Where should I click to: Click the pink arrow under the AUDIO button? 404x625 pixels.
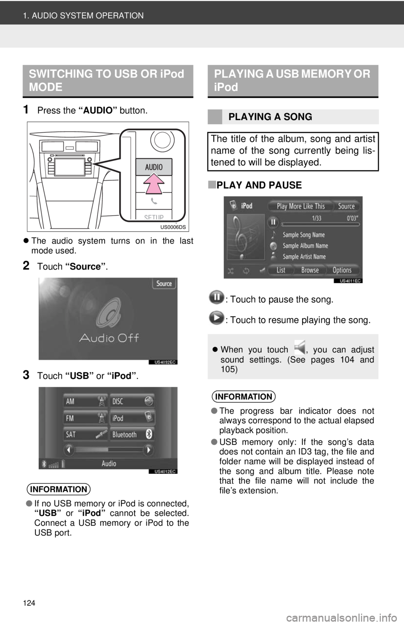154,183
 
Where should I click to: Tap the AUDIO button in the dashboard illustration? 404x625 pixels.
154,167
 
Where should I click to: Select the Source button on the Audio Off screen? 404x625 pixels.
164,283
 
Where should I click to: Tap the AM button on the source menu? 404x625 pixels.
85,401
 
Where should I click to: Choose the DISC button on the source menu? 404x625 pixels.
132,401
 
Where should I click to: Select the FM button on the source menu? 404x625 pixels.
85,418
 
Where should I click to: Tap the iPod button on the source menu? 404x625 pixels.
132,418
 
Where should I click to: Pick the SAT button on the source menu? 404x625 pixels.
85,434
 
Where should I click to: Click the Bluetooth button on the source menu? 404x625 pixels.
132,434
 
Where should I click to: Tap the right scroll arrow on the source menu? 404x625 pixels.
149,450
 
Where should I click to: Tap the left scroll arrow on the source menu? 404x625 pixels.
69,450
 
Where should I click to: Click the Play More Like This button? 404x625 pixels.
300,206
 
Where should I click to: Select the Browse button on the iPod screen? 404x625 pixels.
310,270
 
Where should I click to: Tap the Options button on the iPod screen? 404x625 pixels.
342,270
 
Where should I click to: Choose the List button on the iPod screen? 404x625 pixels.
281,270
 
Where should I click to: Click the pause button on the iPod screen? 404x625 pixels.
273,222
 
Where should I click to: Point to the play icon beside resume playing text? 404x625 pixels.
217,318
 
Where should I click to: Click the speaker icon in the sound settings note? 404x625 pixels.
300,347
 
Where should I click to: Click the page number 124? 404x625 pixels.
29,603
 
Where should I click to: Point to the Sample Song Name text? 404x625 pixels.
303,235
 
